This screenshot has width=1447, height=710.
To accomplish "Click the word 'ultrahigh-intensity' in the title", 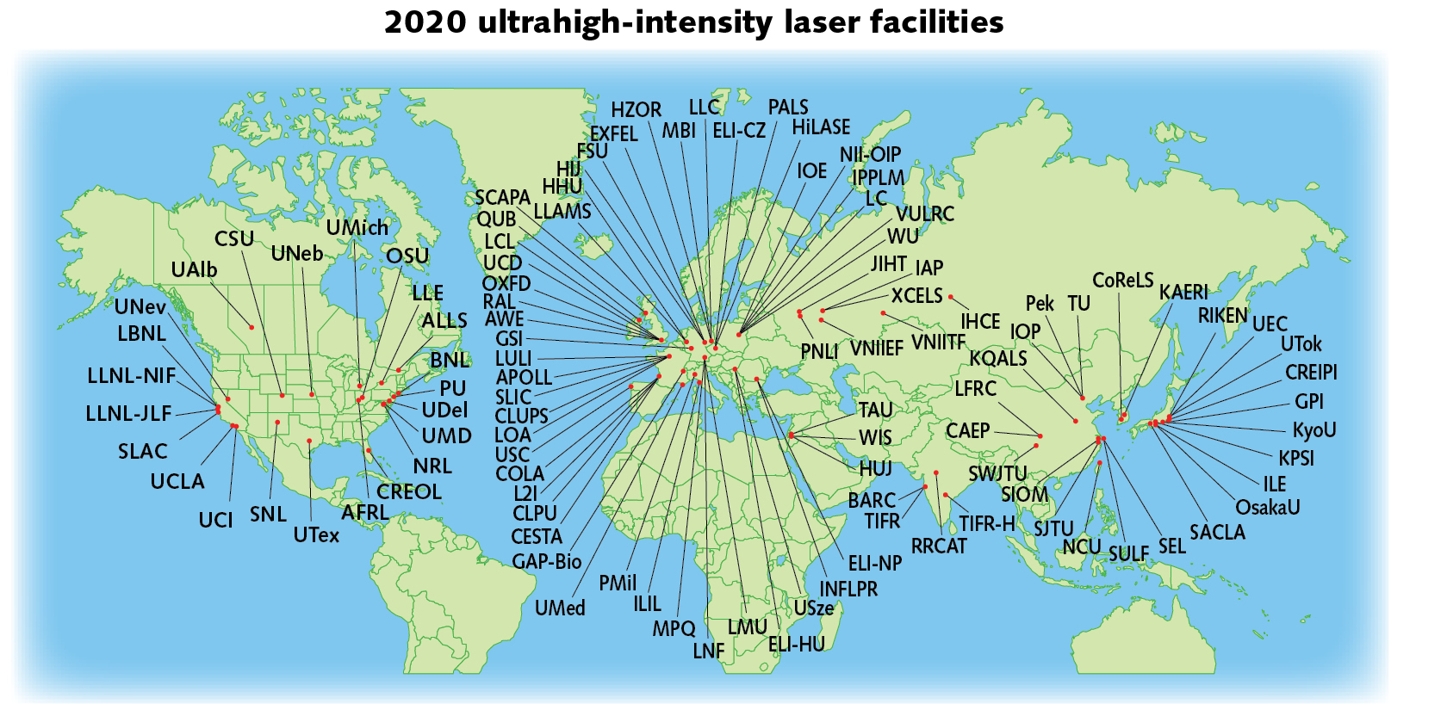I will pos(625,22).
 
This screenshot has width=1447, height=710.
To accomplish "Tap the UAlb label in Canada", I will pos(194,270).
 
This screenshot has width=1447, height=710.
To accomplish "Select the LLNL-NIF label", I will pos(131,376).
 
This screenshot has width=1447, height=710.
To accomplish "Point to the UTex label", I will pos(316,535).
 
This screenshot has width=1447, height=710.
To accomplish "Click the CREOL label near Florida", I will pos(409,492).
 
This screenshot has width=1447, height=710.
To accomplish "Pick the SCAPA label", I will pos(502,198).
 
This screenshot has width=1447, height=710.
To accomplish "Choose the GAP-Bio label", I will pos(547,562).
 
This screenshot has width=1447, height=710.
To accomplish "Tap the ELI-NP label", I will pos(875,564).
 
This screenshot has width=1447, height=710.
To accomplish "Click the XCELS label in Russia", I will pos(916,296).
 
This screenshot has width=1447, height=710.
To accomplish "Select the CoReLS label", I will pos(1122,281).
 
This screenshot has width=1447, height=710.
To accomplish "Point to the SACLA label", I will pos(1217,533).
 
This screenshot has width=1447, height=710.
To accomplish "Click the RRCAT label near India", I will pos(939,546).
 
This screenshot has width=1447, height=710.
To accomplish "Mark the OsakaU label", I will pos(1268,508).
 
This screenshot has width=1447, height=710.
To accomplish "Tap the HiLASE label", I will pos(821,127).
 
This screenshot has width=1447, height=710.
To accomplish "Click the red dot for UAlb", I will pos(252,327).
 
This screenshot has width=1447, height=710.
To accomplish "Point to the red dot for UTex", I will pos(309,441).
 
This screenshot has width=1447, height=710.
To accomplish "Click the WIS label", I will pos(875,438).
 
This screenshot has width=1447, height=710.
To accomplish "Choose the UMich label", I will pos(357,228).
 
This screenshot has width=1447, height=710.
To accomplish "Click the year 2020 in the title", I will pos(425,22).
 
